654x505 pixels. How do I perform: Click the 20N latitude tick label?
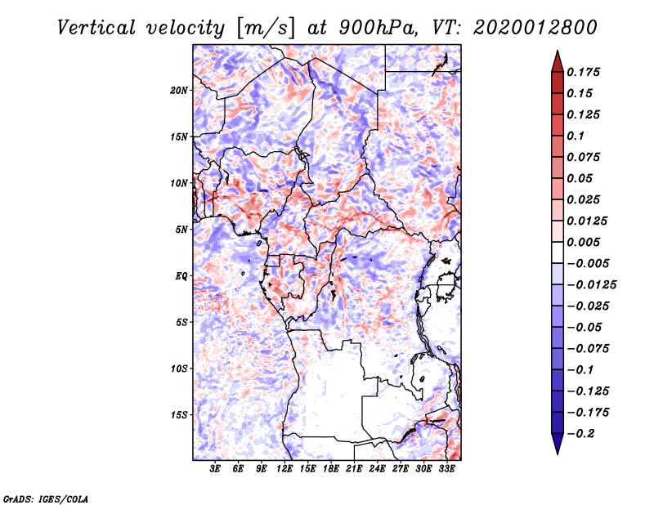coord(179,91)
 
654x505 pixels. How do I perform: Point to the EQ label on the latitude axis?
coord(181,276)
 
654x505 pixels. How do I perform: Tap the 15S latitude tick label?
coord(179,415)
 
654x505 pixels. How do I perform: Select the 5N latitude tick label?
coord(181,230)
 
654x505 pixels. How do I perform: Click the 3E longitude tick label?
coord(215,469)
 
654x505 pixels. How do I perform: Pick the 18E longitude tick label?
coord(331,469)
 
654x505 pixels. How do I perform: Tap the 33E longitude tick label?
coord(446,469)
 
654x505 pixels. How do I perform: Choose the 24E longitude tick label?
coord(377,469)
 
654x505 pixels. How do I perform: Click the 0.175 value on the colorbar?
coord(583,72)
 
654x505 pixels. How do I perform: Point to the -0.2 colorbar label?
coord(580,434)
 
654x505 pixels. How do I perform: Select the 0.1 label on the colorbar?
coord(576,136)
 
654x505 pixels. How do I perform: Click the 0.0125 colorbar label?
coord(587,221)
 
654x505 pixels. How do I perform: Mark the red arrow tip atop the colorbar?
coord(558,51)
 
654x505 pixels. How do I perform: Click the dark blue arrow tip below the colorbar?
coord(558,454)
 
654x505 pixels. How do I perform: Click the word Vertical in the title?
coord(96,28)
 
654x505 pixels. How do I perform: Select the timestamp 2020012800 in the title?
coord(535,28)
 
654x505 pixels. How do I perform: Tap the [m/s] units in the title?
coord(266,29)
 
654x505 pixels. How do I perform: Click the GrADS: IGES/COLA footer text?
coord(46,498)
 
